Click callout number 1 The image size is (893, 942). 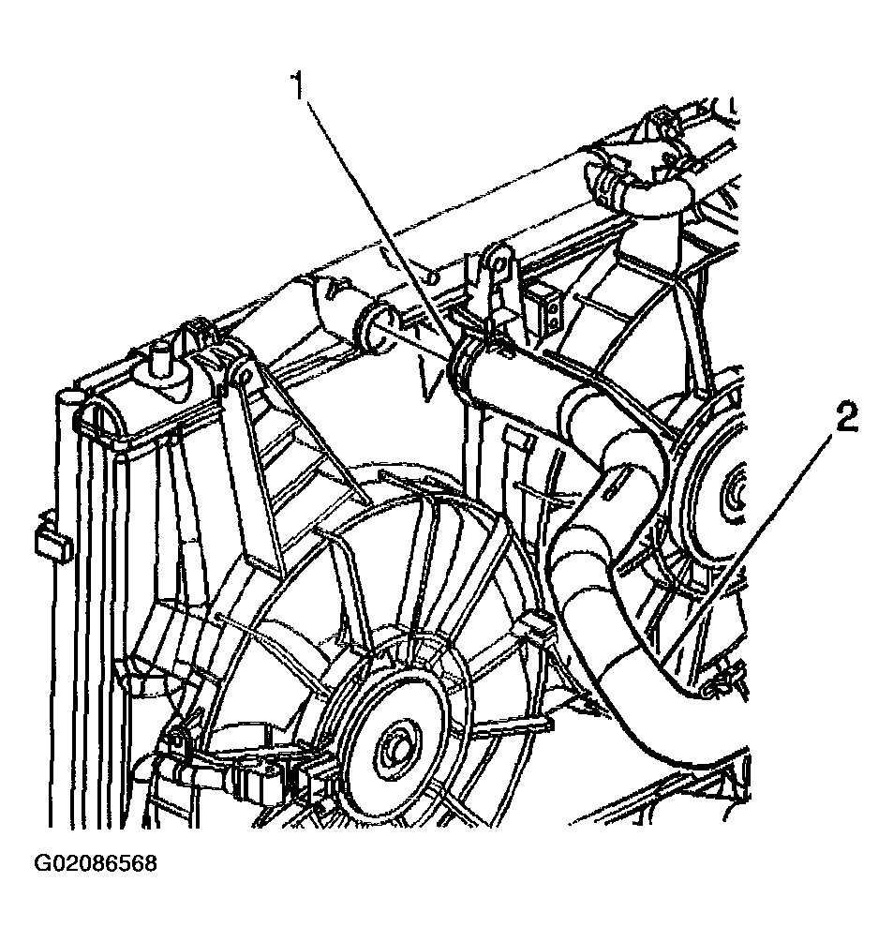(x=299, y=86)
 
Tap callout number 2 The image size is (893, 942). (x=845, y=417)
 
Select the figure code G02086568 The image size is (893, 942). (x=96, y=863)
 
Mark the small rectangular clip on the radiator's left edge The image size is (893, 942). (x=52, y=543)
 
